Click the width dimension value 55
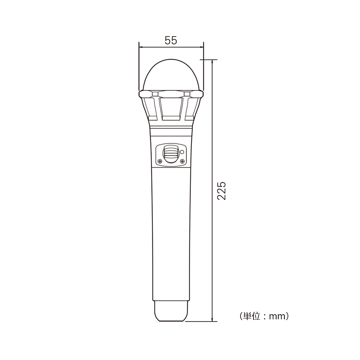tap(171, 40)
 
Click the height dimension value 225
tap(222, 191)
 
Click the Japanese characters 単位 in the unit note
tap(252, 316)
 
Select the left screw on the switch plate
tap(160, 161)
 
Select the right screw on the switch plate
tap(182, 161)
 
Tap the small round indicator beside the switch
tap(182, 152)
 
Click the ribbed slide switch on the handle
tap(170, 153)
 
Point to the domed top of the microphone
tap(171, 75)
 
